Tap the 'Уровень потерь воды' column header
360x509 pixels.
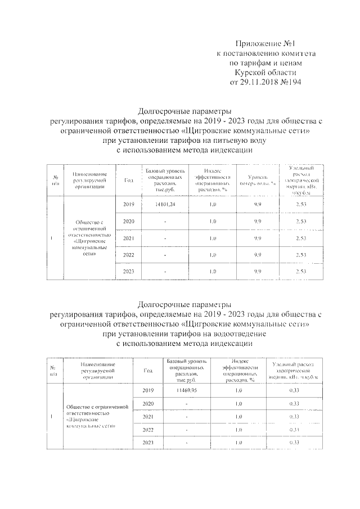point(256,180)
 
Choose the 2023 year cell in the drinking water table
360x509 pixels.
point(129,271)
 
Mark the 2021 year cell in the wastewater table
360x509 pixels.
point(148,417)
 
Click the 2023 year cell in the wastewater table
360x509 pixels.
point(148,443)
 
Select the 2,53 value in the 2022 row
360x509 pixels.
point(300,255)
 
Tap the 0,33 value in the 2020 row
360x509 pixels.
point(293,403)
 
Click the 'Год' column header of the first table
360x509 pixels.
point(129,180)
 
